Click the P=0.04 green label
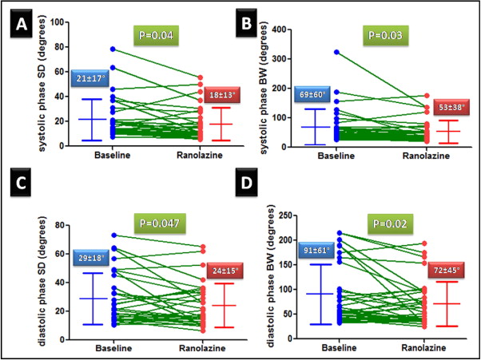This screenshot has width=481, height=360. coord(157,36)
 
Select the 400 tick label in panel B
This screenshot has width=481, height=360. coord(301,29)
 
